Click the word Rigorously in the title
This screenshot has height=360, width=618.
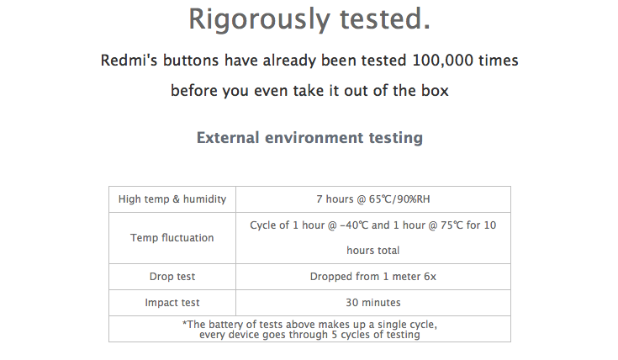click(x=259, y=19)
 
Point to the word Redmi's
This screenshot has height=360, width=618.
click(x=129, y=61)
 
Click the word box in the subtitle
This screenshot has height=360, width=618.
click(x=435, y=90)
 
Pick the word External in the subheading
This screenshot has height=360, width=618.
click(x=228, y=138)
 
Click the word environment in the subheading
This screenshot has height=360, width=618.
click(x=314, y=138)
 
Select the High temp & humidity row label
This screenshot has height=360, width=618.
click(x=172, y=199)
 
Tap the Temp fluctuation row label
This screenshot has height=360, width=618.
click(x=172, y=238)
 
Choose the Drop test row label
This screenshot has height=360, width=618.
click(x=172, y=277)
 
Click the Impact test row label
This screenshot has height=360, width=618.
click(x=172, y=303)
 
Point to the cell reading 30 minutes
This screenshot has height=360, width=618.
click(x=373, y=303)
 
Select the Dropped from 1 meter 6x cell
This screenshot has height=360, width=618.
click(x=373, y=277)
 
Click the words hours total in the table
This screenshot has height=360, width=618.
click(x=373, y=251)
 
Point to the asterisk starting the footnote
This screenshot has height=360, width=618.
click(x=184, y=323)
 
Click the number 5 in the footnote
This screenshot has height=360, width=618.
click(x=335, y=335)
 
